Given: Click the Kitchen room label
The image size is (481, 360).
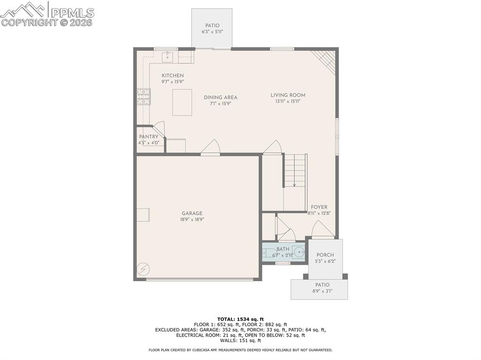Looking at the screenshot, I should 172,76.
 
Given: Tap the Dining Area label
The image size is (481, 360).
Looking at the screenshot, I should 220,98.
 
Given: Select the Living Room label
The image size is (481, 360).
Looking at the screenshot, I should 287,95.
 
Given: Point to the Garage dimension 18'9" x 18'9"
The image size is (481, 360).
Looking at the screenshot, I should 192,219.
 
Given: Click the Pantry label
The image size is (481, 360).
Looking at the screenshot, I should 148,137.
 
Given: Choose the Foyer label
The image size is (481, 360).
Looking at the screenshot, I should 319,207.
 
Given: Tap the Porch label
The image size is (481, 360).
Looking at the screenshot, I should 325,255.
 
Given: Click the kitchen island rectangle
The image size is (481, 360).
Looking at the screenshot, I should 182,102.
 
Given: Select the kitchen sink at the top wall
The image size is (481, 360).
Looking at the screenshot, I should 168,57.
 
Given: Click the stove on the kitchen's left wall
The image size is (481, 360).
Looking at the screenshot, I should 144,96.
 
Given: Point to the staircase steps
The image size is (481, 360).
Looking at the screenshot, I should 295,170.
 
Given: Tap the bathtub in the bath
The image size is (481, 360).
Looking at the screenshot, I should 276,252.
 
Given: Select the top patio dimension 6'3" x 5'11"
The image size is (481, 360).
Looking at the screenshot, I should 212,31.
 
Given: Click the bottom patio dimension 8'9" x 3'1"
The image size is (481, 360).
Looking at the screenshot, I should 322,291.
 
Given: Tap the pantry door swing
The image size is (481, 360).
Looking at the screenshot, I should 159,129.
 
